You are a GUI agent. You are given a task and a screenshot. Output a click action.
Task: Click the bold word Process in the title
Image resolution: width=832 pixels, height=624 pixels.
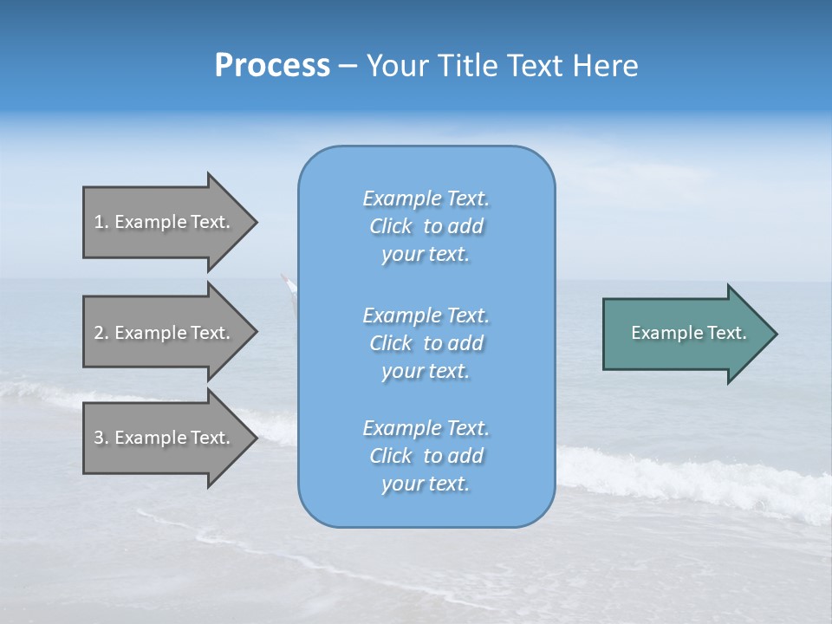272,66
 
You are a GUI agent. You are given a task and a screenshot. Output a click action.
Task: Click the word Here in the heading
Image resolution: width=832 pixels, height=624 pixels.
606,66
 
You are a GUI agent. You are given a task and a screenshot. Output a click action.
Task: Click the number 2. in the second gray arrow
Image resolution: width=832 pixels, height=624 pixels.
101,333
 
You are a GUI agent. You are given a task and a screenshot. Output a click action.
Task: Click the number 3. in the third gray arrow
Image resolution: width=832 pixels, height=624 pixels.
101,438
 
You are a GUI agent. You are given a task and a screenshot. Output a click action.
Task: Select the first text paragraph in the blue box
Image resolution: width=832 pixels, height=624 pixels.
426,226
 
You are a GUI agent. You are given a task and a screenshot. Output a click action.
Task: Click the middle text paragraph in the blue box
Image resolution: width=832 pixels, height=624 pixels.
426,343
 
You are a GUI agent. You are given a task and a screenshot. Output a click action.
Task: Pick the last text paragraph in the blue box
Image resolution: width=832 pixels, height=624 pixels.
426,456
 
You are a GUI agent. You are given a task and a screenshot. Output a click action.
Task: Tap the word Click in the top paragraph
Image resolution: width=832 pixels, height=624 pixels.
391,226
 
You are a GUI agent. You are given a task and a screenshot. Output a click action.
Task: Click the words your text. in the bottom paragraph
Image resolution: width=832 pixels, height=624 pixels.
426,484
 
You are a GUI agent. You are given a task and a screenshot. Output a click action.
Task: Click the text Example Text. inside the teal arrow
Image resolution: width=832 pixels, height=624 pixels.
689,333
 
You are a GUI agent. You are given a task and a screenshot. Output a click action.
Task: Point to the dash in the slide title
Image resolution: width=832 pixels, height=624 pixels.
348,66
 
